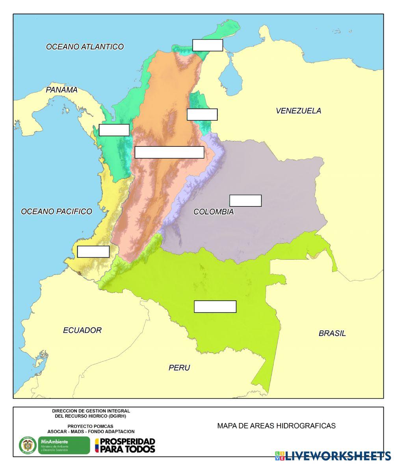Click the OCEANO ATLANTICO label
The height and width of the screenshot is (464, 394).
pos(85,47)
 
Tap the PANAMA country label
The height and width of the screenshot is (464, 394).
pos(61,90)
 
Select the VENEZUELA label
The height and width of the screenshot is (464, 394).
pos(298,111)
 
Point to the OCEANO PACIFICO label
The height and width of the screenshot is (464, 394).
pos(56,211)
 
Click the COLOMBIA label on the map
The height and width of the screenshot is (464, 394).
pos(213,212)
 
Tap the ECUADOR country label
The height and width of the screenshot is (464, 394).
pos(82,330)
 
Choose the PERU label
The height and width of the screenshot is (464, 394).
pos(179,368)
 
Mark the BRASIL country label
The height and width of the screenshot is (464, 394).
pos(332,333)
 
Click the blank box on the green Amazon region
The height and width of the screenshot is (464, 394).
pos(215,307)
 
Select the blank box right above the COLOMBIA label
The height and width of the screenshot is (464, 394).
pos(245,200)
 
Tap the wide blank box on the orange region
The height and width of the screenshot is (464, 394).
pos(169,152)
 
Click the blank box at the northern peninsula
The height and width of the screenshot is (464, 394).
pos(208,45)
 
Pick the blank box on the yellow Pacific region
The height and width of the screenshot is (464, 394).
pos(93,251)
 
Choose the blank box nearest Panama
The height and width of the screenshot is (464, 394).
pos(114,130)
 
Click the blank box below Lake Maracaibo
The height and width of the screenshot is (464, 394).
pos(202,114)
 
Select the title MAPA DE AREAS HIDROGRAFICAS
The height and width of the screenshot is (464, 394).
pos(276,426)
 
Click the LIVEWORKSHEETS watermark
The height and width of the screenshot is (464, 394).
pos(333,456)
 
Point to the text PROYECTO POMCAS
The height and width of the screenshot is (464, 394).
pos(91,426)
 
